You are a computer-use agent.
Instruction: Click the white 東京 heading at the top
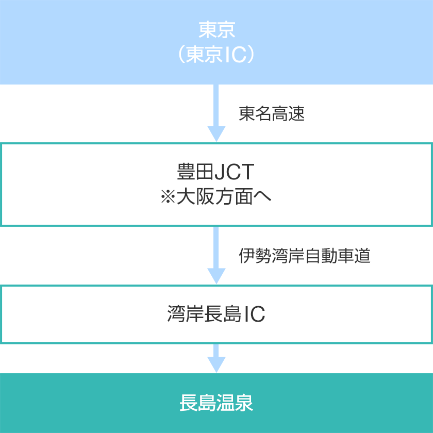coord(217,30)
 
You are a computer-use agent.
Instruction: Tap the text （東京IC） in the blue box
coord(216,55)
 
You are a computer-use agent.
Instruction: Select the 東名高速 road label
coord(272,113)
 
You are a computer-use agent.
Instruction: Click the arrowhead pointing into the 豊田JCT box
coord(216,134)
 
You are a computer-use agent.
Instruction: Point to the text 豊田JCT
coord(215,172)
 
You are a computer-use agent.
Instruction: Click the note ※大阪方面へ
coord(216,196)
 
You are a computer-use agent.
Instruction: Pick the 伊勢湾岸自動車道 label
coord(304,256)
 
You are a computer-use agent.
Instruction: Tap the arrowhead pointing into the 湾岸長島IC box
coord(216,276)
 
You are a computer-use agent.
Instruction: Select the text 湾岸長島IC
coord(216,314)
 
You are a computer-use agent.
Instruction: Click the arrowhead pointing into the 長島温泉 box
coord(216,365)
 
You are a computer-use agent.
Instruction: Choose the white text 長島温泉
coord(216,403)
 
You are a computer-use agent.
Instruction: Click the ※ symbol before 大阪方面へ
coord(168,197)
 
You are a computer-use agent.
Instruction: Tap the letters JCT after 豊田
coord(235,172)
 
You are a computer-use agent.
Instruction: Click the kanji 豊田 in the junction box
coord(195,172)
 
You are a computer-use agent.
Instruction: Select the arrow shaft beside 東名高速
coord(216,105)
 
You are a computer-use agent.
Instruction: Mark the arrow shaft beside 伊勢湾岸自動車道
coord(216,247)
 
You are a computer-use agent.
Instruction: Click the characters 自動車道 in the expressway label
coord(338,256)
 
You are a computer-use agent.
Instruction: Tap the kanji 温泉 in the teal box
coord(235,403)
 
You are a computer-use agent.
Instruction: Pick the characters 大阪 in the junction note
coord(195,196)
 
